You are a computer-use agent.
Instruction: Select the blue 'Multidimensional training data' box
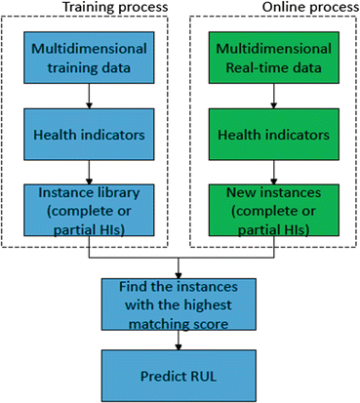point(90,56)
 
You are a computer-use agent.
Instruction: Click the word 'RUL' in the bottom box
point(202,373)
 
